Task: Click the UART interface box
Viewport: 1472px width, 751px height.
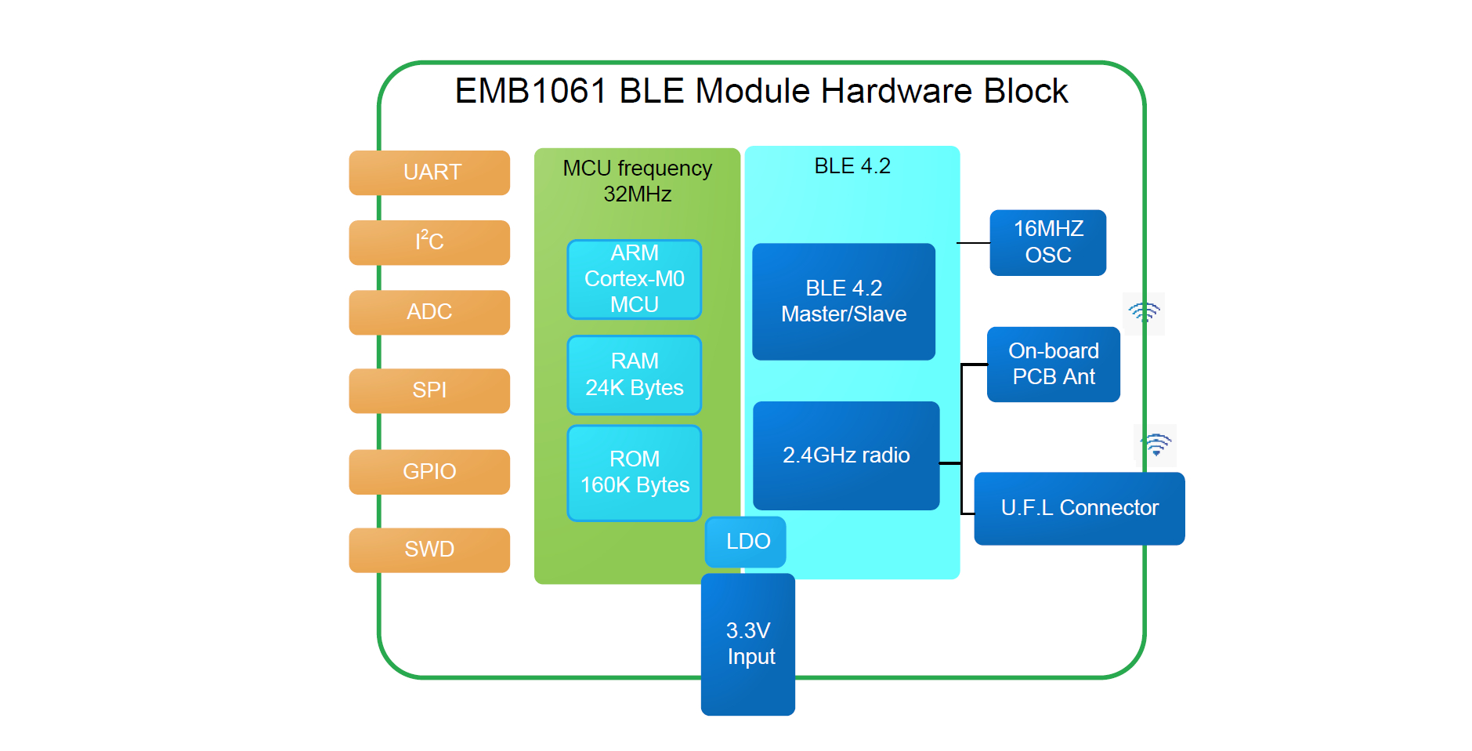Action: [429, 172]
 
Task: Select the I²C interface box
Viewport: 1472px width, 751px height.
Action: [429, 242]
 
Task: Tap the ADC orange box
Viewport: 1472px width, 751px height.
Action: [429, 312]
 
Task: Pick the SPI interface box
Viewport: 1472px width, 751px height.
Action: [429, 390]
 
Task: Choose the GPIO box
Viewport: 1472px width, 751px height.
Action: [429, 471]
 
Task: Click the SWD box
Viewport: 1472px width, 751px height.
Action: [429, 550]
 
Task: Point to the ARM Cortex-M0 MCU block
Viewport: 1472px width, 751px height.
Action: [634, 279]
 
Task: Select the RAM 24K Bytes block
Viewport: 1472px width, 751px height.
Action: [634, 375]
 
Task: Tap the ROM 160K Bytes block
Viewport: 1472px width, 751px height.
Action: [634, 473]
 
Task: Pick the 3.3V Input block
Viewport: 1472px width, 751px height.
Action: [748, 644]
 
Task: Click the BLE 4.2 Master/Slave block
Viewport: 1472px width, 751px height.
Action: [844, 302]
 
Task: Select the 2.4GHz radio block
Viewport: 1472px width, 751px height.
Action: [846, 455]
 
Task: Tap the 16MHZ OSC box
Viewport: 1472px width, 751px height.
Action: [1047, 242]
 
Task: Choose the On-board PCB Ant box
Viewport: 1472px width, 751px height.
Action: [1053, 365]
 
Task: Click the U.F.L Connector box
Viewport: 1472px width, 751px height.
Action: [1079, 508]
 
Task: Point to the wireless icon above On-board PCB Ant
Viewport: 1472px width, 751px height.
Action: [1144, 313]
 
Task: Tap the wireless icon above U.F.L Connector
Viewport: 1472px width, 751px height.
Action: [1156, 444]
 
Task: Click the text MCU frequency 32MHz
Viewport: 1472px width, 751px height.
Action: [637, 181]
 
